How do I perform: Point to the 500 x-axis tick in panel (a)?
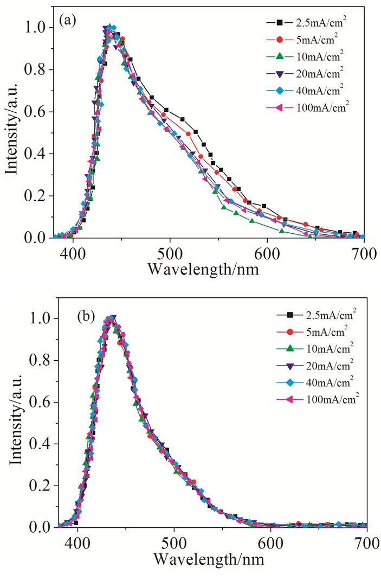coord(170,253)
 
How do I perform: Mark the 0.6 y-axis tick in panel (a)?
coord(38,112)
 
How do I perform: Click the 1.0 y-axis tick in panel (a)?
coord(38,28)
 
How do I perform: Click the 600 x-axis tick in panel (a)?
coord(267,253)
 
